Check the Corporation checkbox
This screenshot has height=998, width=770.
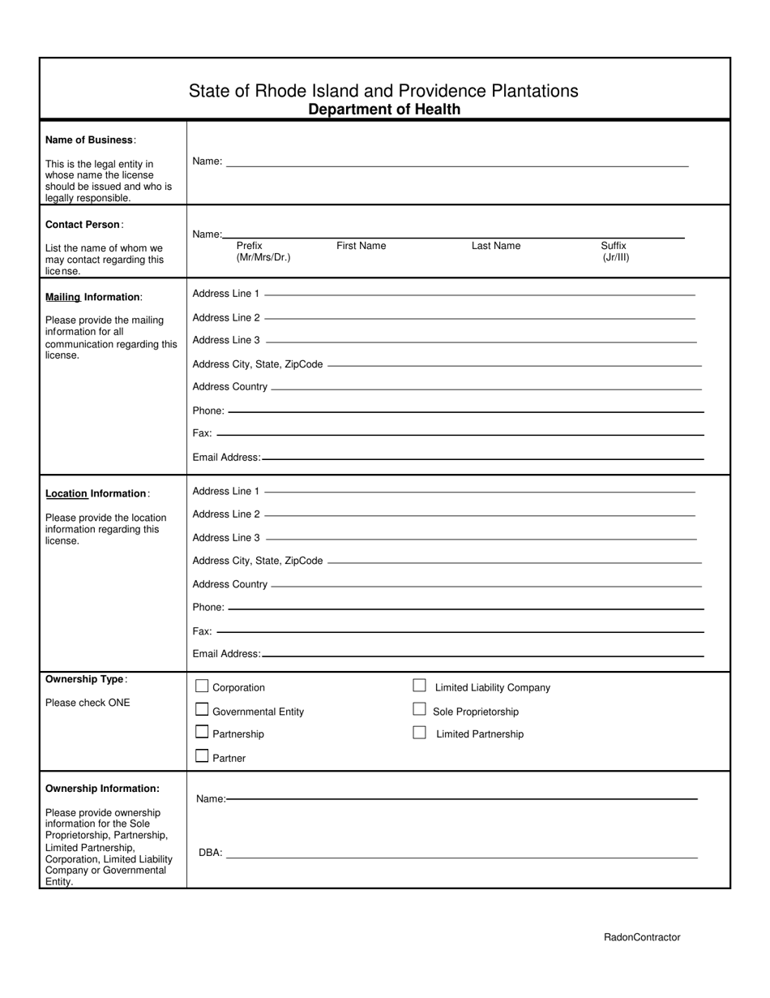pyautogui.click(x=202, y=686)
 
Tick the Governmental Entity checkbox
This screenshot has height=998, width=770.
pyautogui.click(x=202, y=710)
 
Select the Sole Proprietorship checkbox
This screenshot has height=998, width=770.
pyautogui.click(x=419, y=709)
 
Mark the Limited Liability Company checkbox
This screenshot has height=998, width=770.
pyautogui.click(x=419, y=686)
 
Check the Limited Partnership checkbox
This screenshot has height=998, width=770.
pyautogui.click(x=419, y=733)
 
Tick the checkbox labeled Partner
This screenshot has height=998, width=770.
pyautogui.click(x=202, y=756)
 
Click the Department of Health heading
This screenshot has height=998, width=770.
pyautogui.click(x=384, y=110)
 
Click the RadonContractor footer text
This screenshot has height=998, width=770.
pyautogui.click(x=642, y=937)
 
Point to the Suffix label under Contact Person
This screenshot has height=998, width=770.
pyautogui.click(x=614, y=246)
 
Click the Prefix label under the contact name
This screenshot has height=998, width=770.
pyautogui.click(x=250, y=246)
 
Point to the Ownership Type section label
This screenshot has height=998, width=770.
pyautogui.click(x=85, y=679)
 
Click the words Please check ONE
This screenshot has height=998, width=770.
pyautogui.click(x=88, y=703)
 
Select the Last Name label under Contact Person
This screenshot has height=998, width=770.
pyautogui.click(x=496, y=246)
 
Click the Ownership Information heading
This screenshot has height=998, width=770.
pyautogui.click(x=102, y=789)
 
